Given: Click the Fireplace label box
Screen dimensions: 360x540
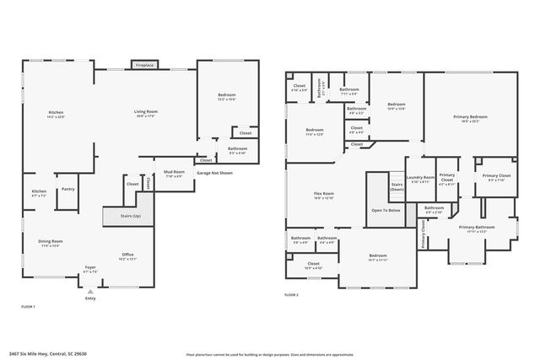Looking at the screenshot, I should (144, 64).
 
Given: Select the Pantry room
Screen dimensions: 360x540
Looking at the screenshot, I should (67, 190).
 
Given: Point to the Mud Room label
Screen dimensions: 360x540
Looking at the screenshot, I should (174, 174).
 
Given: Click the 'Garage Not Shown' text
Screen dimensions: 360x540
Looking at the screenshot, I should (214, 173).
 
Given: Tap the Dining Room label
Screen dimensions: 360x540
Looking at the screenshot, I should (51, 243).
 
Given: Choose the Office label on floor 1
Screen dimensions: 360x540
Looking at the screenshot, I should (128, 255).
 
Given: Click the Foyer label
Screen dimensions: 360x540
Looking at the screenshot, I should (89, 269).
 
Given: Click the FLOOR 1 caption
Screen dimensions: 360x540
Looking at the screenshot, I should (28, 307).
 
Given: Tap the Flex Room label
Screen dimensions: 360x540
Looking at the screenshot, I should (324, 195).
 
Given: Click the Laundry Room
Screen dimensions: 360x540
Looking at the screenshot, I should (419, 179).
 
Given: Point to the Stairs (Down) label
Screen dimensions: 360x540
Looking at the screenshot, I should (397, 186).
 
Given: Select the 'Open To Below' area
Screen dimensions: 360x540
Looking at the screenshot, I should (386, 210).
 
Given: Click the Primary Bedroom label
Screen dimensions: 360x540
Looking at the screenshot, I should (470, 118).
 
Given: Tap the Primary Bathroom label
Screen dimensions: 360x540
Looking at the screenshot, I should (477, 228).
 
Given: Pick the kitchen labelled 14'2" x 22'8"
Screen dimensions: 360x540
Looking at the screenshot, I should (56, 115).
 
